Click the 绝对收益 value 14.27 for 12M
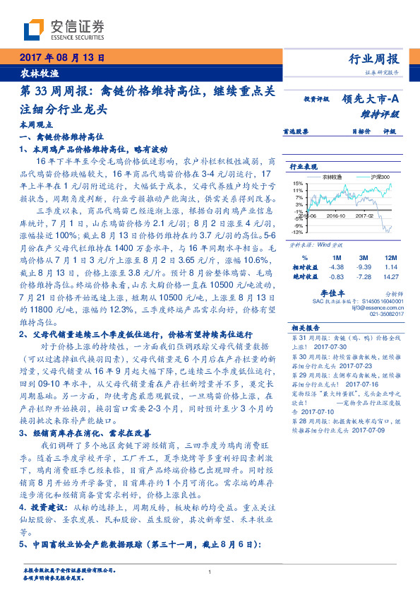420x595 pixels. (x=390, y=276)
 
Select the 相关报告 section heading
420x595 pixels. (x=305, y=327)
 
